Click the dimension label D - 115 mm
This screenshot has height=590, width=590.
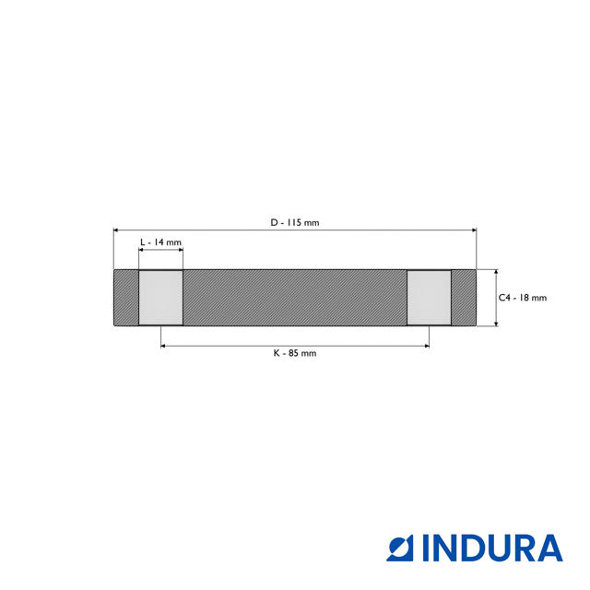(x=295, y=222)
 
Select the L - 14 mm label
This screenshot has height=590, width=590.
(x=160, y=242)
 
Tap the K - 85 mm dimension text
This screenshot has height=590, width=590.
(x=295, y=353)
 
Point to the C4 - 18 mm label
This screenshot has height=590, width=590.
(x=523, y=298)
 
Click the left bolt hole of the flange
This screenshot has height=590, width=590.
(x=160, y=298)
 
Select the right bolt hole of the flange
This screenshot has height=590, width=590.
(x=430, y=298)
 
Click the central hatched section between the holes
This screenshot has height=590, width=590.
(x=295, y=298)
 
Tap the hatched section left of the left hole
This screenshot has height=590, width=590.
(x=125, y=298)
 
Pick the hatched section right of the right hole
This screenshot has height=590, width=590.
(x=464, y=298)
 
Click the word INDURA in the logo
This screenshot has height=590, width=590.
(x=492, y=548)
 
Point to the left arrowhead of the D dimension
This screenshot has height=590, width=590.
(x=116, y=230)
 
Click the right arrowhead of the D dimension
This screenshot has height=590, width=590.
(x=474, y=230)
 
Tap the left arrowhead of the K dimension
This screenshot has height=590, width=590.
(x=164, y=346)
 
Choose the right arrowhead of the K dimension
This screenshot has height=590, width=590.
(x=426, y=346)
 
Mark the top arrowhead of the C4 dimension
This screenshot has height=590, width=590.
(x=497, y=273)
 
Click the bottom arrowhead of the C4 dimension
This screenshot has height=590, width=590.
(x=497, y=323)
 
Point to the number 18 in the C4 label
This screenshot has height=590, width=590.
(x=525, y=298)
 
